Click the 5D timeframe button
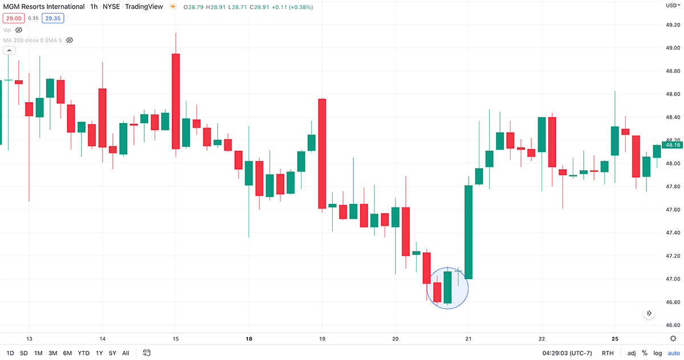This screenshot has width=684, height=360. click(x=24, y=353)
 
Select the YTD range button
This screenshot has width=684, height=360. click(x=84, y=353)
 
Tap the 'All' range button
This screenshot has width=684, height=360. click(x=125, y=353)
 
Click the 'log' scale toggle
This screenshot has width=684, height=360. click(x=658, y=353)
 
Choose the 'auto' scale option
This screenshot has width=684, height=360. click(x=674, y=353)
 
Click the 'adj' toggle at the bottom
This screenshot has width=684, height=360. click(x=632, y=353)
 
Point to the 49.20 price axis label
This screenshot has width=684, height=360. click(x=673, y=25)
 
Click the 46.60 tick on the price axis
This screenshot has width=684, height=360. click(x=673, y=325)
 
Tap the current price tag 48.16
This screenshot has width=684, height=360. click(x=673, y=145)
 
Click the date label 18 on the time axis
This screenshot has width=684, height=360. click(x=249, y=338)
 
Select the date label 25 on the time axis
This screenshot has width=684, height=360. click(x=616, y=338)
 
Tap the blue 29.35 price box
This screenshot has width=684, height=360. click(x=53, y=18)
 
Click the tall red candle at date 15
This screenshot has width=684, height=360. click(x=176, y=101)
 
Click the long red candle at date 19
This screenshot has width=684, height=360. click(x=322, y=154)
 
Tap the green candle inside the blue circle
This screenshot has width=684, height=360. click(x=447, y=287)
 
